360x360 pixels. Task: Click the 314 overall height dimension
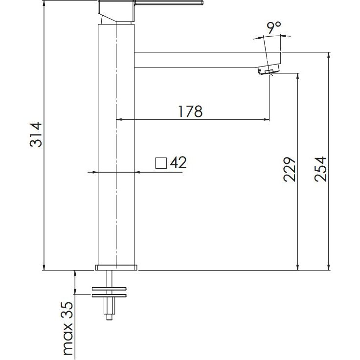coord(36,135)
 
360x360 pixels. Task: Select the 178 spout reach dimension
coord(190,112)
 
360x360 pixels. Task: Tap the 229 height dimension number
coord(289,169)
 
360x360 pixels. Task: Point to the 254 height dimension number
coord(320,169)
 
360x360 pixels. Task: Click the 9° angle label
coord(274,28)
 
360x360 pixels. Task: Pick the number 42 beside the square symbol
coord(178,162)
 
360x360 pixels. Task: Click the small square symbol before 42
coord(161,163)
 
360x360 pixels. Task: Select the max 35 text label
coord(68,329)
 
